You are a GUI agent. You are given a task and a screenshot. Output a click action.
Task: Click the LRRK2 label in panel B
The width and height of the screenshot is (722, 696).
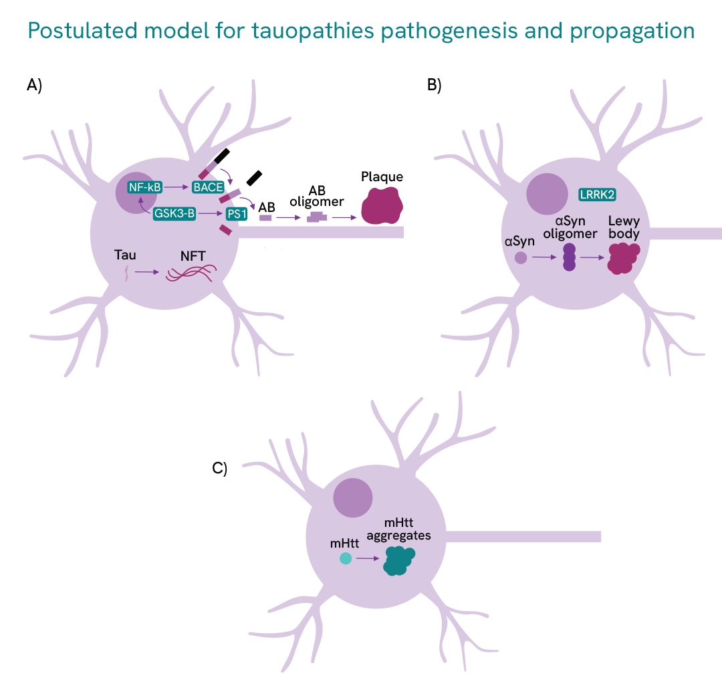click(x=597, y=194)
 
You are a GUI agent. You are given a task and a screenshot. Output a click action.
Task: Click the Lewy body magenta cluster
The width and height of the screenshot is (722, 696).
click(x=623, y=257)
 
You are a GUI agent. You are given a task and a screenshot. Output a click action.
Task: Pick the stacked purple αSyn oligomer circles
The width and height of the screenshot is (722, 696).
click(x=569, y=257)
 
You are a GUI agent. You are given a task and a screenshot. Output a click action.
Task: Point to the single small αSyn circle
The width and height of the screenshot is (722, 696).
click(x=520, y=257)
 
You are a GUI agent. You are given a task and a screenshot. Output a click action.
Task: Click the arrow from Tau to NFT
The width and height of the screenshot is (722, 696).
click(x=146, y=272)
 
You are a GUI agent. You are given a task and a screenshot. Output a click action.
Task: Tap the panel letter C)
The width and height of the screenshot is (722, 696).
click(x=220, y=468)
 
